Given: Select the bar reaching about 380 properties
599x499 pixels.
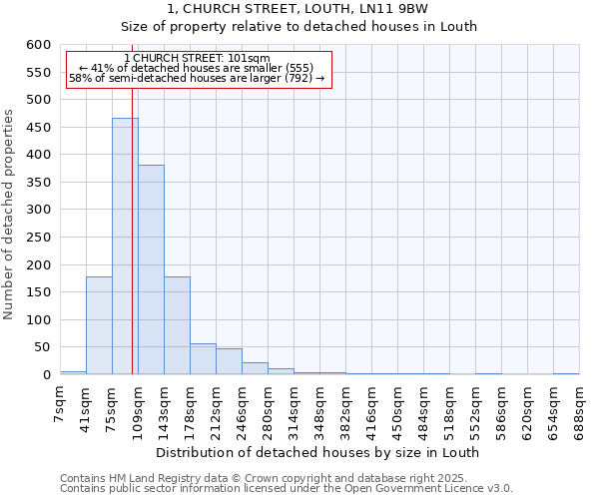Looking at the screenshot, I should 151,269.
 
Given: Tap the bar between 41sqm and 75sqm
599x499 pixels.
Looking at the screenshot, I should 99,325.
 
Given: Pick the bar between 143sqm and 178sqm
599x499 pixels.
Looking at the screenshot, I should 177,325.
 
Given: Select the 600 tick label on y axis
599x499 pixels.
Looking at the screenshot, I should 38,45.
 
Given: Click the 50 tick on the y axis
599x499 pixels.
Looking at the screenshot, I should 42,347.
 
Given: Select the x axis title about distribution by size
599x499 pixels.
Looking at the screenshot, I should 317,452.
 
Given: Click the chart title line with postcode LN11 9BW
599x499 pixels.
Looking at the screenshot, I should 298,8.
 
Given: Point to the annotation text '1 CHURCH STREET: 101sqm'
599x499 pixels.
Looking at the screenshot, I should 198,59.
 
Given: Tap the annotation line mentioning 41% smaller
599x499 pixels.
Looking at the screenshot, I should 197,68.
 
